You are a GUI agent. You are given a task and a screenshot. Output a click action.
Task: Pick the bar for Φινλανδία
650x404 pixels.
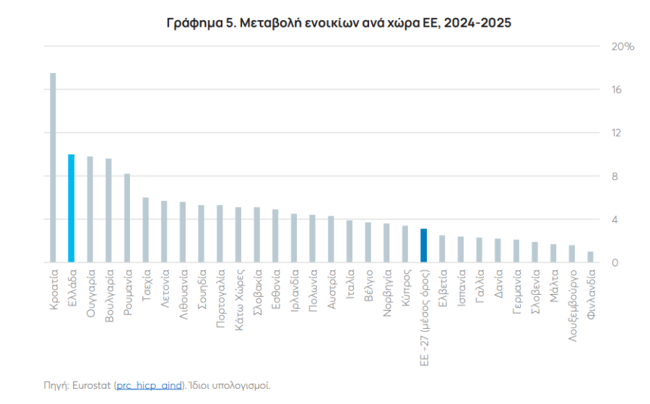coord(590,257)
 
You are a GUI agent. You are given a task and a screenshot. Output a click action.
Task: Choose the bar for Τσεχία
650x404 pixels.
coord(145,230)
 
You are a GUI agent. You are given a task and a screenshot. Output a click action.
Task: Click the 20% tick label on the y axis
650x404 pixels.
coord(623,47)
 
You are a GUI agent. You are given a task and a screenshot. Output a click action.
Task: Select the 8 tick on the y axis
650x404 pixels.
coord(615,176)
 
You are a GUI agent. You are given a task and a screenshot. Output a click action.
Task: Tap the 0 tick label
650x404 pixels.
coord(615,262)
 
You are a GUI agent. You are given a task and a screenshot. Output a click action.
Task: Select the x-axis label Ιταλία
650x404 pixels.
coord(350,284)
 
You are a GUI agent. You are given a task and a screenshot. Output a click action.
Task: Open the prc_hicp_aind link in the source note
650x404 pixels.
coord(150,385)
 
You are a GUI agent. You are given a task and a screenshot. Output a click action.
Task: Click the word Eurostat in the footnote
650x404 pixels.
coord(92,385)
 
